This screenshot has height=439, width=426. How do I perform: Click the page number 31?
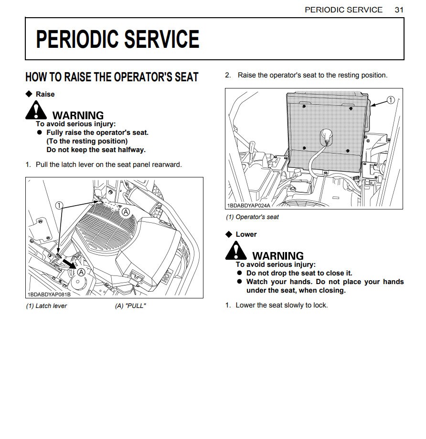399,10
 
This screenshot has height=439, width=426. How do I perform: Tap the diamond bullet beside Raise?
29,94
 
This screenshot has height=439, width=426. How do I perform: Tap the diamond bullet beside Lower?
229,234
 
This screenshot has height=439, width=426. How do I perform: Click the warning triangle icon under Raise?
36,111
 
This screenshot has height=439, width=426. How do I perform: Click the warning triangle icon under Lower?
236,251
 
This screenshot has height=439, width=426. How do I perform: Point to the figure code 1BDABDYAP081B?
49,294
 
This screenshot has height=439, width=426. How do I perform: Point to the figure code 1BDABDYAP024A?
248,205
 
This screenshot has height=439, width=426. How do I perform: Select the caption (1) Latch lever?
46,306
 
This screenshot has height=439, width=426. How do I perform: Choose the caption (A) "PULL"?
130,306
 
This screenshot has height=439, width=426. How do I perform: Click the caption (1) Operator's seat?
253,217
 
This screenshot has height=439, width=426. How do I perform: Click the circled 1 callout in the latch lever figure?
59,205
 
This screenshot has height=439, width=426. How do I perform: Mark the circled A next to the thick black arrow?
81,272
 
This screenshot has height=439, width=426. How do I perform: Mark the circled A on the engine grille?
126,211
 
